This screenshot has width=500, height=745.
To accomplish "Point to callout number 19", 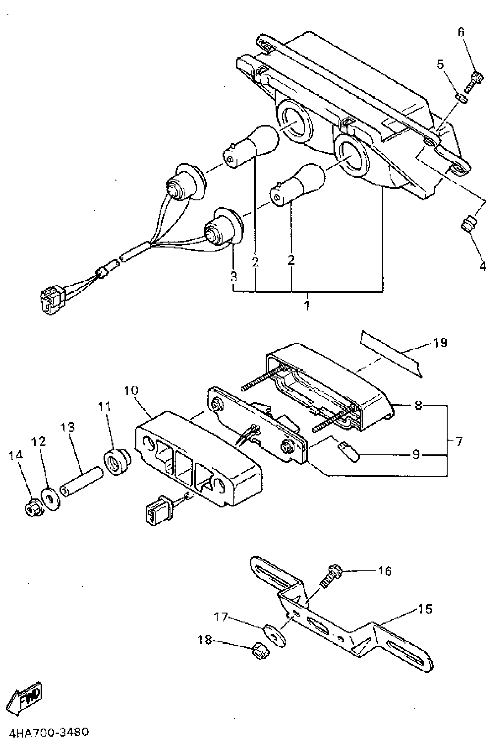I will (x=440, y=343).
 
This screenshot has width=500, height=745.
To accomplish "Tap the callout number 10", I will (x=131, y=391).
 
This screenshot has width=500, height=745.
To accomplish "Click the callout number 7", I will (x=459, y=442).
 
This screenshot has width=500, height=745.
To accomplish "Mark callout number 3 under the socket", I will (x=234, y=277).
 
